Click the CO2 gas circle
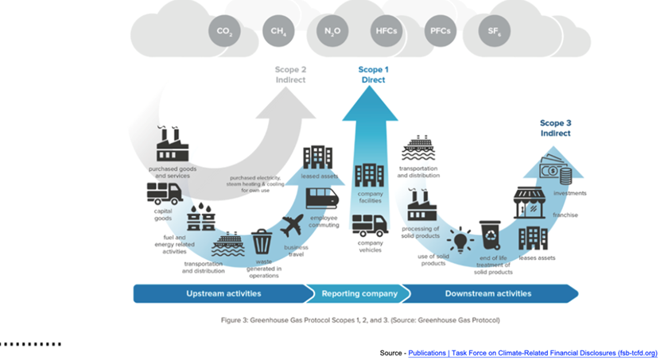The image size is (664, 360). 223,33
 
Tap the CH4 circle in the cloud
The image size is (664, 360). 278,33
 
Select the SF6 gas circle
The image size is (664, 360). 493,33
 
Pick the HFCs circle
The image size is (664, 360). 386,33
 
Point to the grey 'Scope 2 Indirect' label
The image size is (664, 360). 290,75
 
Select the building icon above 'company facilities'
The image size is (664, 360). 370,176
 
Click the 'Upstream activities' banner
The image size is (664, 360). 223,293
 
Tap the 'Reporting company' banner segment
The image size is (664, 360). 359,293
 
